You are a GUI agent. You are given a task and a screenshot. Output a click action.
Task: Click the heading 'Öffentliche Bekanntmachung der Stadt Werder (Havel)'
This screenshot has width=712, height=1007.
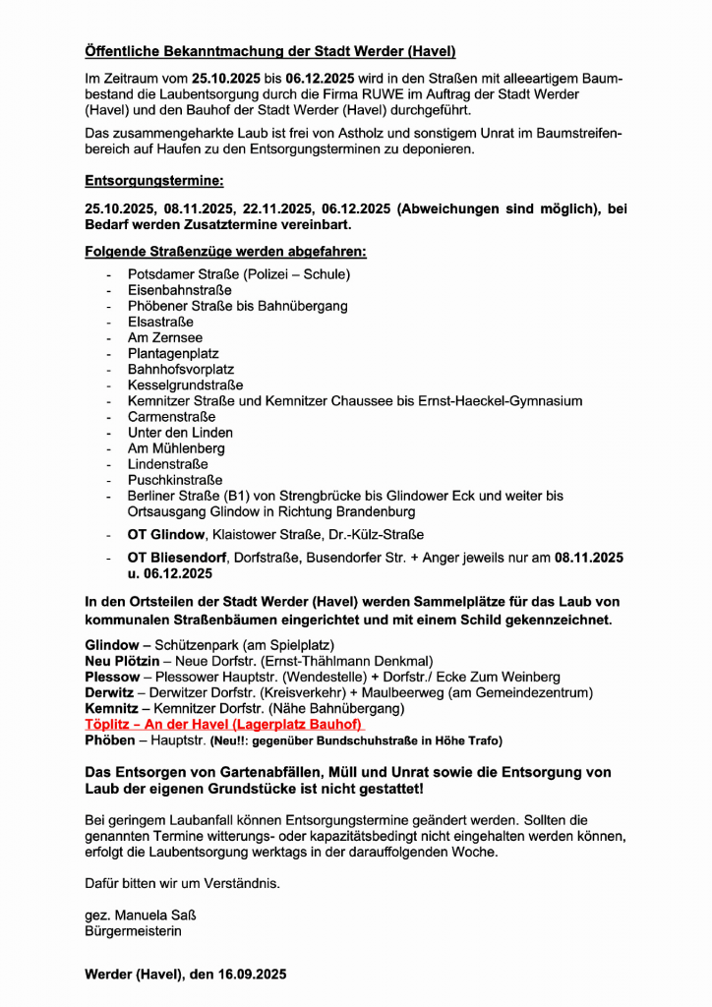click(x=269, y=51)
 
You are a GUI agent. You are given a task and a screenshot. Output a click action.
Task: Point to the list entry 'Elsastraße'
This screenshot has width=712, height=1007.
click(x=160, y=322)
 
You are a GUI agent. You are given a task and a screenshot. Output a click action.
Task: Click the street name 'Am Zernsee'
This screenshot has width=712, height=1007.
click(x=164, y=337)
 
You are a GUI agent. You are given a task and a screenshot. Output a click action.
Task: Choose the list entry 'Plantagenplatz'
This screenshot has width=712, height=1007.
click(x=173, y=353)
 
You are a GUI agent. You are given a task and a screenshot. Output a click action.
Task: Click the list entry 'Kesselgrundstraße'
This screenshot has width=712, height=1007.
click(x=185, y=385)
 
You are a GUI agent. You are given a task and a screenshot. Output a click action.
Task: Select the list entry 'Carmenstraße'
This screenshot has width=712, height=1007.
click(x=171, y=416)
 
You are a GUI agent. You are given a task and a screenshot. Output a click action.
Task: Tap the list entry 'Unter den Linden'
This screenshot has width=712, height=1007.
click(x=180, y=433)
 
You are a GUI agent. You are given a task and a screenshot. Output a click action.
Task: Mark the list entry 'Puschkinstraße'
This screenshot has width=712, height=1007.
click(x=174, y=480)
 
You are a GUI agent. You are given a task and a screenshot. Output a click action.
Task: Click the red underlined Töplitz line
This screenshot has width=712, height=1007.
click(x=224, y=724)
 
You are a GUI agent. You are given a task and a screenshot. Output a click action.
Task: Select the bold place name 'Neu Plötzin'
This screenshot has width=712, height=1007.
click(x=121, y=661)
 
